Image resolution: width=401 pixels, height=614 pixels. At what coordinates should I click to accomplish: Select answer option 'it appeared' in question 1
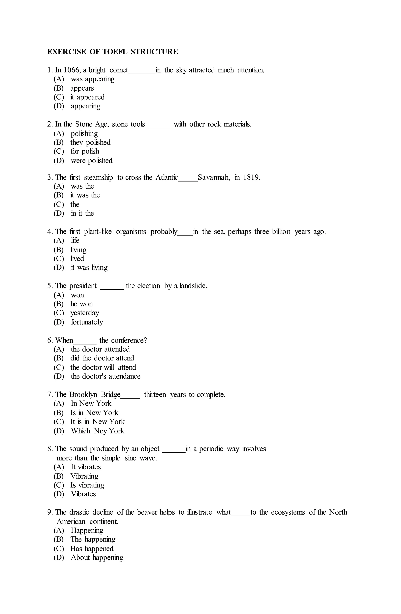87,97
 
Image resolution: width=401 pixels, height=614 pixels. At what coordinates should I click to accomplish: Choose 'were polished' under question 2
91,161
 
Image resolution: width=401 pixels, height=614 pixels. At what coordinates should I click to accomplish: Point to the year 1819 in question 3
251,177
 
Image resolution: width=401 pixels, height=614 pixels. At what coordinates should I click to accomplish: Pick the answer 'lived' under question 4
77,259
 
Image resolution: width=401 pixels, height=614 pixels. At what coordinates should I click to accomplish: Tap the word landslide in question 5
193,286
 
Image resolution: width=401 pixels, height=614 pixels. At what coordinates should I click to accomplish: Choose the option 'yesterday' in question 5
85,313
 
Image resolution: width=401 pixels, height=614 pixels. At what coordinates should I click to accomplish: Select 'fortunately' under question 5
87,322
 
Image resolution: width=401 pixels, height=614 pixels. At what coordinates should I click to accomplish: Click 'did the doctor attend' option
102,358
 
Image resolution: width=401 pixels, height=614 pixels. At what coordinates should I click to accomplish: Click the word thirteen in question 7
155,395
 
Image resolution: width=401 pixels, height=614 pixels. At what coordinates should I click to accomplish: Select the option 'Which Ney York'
98,431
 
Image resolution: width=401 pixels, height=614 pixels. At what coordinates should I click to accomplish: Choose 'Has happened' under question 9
92,549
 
